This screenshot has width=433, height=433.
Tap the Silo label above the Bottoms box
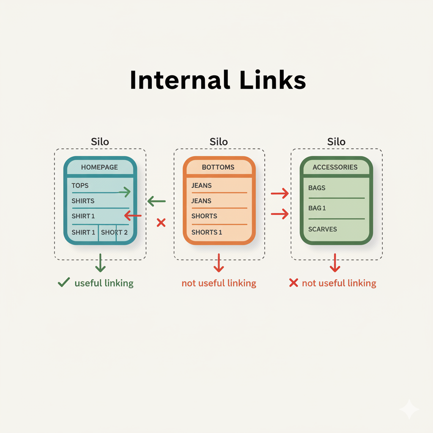pos(219,141)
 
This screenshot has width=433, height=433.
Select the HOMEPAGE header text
pos(99,167)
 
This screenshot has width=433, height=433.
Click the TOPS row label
pos(80,185)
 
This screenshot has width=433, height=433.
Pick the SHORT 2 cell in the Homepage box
pos(114,232)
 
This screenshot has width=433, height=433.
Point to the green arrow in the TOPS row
pos(124,192)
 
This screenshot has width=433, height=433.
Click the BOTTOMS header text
pos(218,167)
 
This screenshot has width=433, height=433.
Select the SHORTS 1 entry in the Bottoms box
pos(207,232)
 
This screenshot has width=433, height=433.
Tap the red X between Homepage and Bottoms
pos(161,222)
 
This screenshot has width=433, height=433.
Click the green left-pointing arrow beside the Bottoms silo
pos(156,202)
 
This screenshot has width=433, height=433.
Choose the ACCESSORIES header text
pos(335,167)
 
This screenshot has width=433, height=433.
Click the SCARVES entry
pos(323,229)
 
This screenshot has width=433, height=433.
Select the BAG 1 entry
pos(317,208)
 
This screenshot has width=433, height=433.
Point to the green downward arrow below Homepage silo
pos(100,263)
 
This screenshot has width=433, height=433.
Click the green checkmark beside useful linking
pos(63,282)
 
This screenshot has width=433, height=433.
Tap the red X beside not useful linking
pos(293,283)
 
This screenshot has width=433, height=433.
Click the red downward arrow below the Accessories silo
pos(335,263)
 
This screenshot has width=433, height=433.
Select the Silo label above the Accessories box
pos(336,141)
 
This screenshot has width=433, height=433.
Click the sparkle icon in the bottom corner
pos(409,409)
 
